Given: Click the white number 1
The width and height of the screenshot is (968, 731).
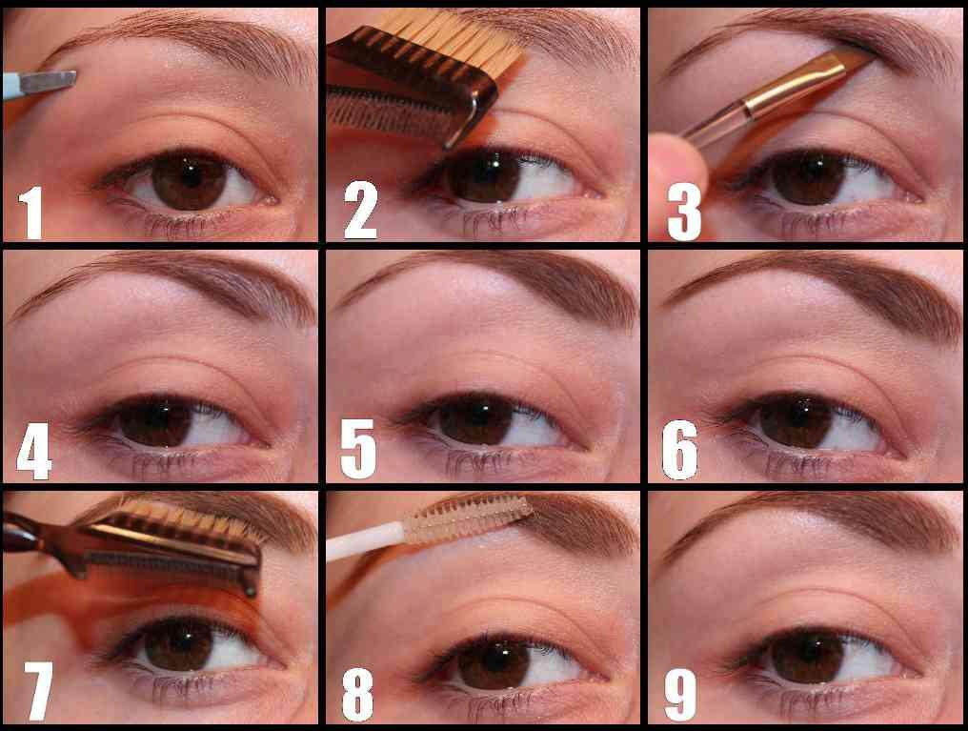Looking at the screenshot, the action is point(30,213).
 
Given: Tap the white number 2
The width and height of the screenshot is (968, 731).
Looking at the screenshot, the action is point(360,210).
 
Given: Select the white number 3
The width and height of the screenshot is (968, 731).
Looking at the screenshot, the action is point(684,212).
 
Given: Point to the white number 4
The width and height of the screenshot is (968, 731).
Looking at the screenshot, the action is point(34,450).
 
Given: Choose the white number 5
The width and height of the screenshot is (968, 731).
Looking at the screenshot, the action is point(358,449).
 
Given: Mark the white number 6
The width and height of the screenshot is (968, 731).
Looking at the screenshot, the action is point(680,450).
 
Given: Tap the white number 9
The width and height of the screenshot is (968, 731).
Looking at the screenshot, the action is point(680,693).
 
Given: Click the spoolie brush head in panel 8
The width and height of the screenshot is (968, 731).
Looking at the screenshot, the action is point(468,518).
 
